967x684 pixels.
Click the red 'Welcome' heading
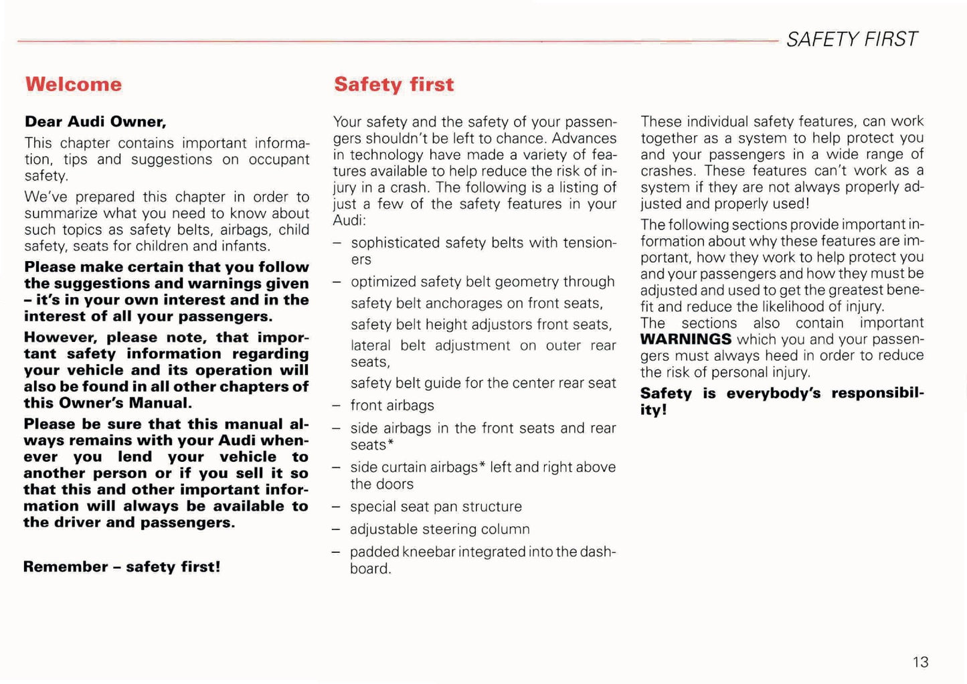coord(74,84)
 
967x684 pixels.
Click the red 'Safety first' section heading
coord(393,84)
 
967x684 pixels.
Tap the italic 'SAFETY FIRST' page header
coord(851,39)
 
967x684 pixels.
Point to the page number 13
coord(920,662)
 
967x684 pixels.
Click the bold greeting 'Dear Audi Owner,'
coord(96,122)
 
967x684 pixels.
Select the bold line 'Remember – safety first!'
coord(122,567)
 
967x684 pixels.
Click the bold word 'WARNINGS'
coord(685,339)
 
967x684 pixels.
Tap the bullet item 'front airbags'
coord(392,406)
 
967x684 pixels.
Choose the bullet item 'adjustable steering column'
coord(440,529)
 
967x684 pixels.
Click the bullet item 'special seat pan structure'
coord(436,507)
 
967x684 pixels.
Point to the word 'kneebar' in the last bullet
coord(428,552)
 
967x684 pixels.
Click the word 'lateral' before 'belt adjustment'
coord(370,346)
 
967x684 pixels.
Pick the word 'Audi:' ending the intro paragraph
coord(349,221)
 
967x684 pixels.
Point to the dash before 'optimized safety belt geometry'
coord(338,282)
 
